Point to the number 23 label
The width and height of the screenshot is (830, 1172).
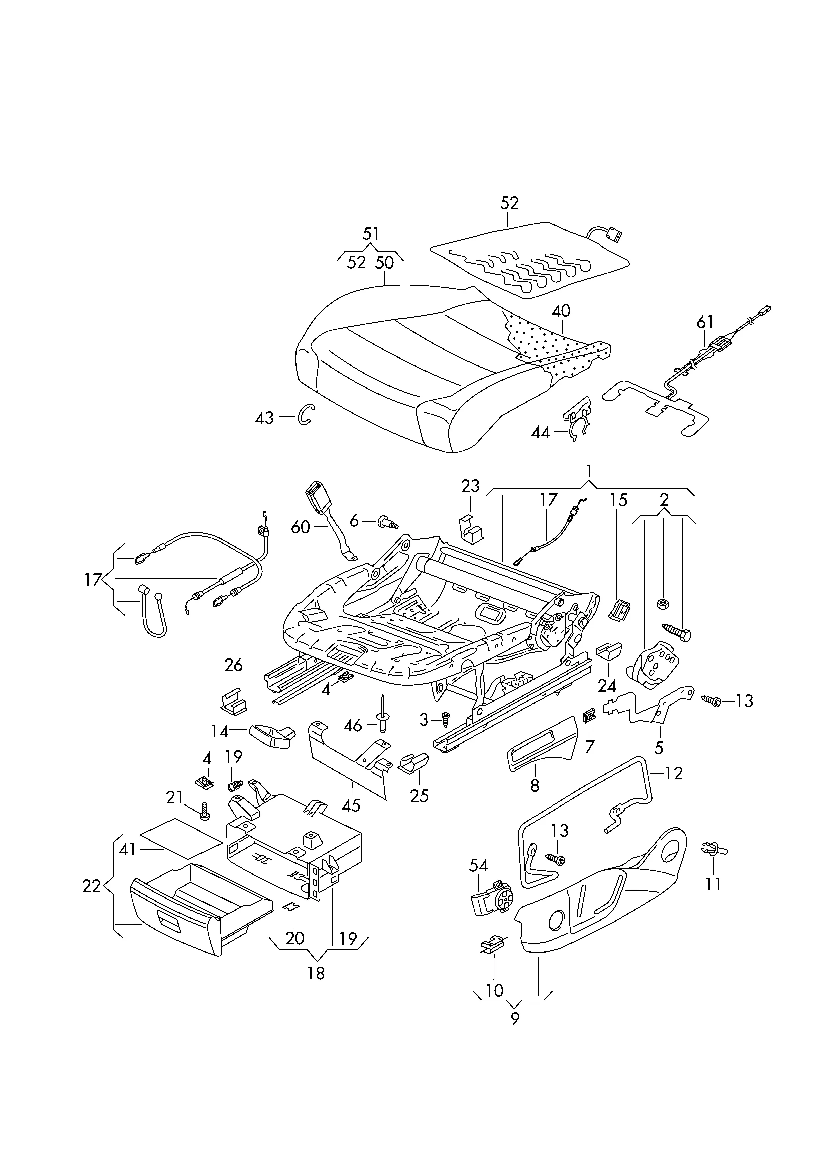tap(470, 486)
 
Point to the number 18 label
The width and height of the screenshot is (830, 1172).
tap(316, 973)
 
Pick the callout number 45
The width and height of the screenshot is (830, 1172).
tap(351, 805)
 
